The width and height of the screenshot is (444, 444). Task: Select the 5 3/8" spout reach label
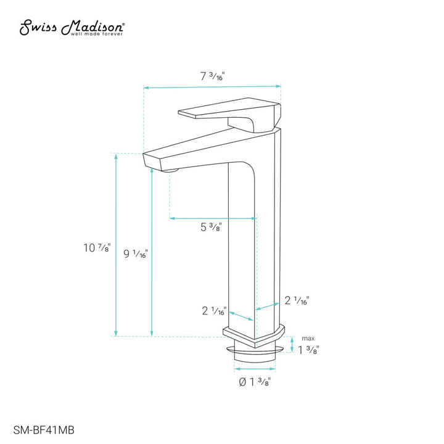coord(212,227)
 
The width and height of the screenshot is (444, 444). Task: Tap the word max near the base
coord(307,339)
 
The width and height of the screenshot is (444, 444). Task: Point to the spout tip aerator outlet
coord(171,169)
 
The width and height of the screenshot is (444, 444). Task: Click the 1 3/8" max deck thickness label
coord(308,350)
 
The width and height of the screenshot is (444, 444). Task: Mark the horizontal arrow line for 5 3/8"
coord(213,218)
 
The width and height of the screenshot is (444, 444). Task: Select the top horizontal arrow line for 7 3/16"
coord(212,88)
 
